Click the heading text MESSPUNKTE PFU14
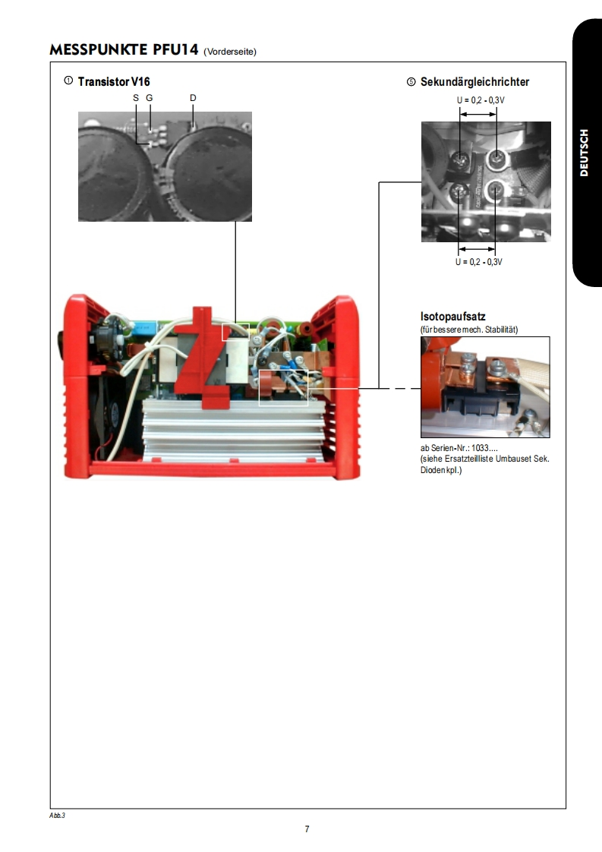[x=124, y=49]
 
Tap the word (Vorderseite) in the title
[x=230, y=52]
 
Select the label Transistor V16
[x=114, y=81]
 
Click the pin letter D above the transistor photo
[x=193, y=98]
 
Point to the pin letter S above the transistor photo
[x=136, y=98]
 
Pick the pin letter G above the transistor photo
[x=150, y=98]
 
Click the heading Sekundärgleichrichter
[x=475, y=82]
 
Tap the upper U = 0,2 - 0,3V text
[x=481, y=100]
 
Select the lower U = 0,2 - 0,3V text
[x=479, y=262]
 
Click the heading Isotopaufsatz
[x=453, y=316]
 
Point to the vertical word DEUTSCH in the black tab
[x=584, y=153]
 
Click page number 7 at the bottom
[x=307, y=829]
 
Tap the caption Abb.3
[x=57, y=816]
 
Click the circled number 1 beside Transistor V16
[x=68, y=81]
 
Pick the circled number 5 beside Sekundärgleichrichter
[x=411, y=82]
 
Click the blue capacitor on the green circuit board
[x=143, y=328]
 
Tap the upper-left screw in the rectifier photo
[x=460, y=160]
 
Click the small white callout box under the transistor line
[x=236, y=332]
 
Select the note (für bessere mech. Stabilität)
[x=469, y=330]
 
